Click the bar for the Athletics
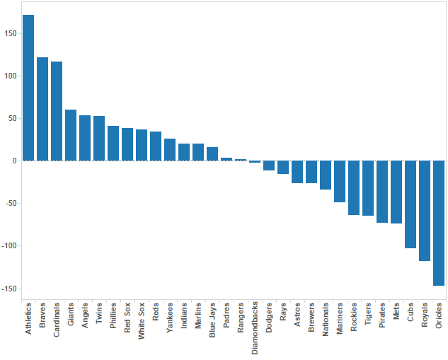pos(28,88)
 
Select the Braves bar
pos(42,109)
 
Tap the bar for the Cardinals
pos(57,111)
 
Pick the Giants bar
pos(71,135)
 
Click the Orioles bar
pos(439,223)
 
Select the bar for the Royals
pos(425,211)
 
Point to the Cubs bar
pos(410,204)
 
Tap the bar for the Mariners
pos(340,182)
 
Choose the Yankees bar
pos(170,150)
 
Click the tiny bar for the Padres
pos(226,159)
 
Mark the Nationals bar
pos(326,175)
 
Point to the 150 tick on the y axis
pos(11,34)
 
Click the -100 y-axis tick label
pos(9,246)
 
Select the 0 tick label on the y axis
pos(15,161)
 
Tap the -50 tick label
pos(11,203)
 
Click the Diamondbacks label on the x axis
pos(255,327)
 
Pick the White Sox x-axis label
pos(142,321)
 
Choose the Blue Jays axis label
pos(212,320)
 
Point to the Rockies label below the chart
pos(354,317)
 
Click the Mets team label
pos(396,311)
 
